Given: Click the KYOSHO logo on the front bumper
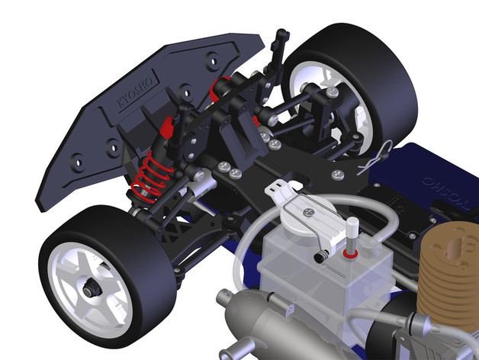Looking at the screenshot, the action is [x=136, y=92].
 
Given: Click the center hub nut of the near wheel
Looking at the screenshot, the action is [x=91, y=288].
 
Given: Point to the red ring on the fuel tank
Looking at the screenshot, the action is [x=350, y=253].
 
